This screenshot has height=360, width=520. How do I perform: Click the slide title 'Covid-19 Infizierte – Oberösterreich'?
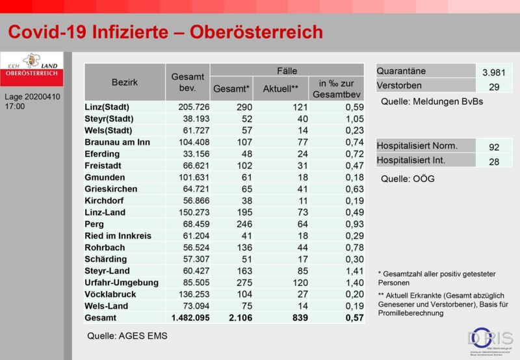(165, 31)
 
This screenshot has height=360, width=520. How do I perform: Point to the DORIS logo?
(491, 339)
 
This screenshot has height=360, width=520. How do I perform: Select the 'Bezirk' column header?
(124, 84)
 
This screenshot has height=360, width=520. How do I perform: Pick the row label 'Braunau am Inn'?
(117, 142)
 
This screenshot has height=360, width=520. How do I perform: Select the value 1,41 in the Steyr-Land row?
(349, 270)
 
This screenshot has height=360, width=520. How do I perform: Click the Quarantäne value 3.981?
(493, 73)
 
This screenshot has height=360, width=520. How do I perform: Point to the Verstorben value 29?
(493, 87)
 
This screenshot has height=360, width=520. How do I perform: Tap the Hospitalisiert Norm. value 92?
(493, 148)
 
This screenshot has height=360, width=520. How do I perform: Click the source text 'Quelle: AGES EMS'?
(127, 336)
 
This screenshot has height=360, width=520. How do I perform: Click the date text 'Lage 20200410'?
(31, 97)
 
